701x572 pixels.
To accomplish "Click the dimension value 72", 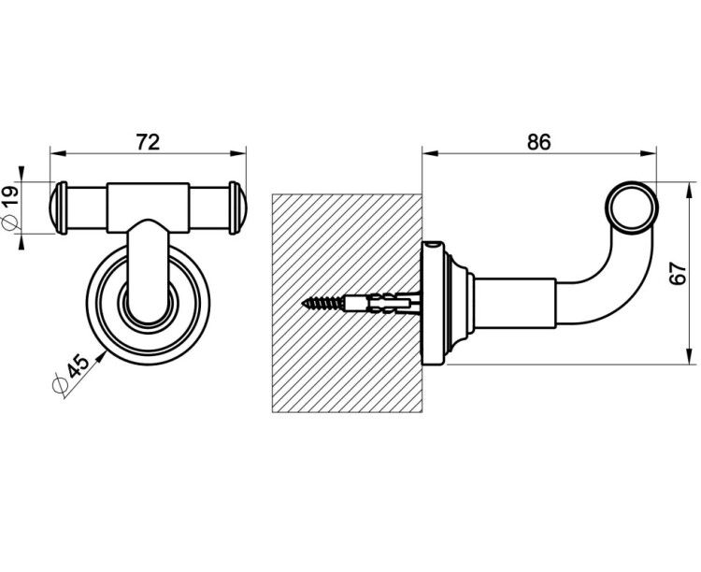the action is [148, 142].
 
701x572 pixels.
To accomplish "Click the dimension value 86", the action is [538, 142].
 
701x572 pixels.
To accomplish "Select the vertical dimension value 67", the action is [678, 273].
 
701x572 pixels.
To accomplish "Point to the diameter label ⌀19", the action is [10, 208].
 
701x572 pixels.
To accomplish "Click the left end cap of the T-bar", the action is [58, 208].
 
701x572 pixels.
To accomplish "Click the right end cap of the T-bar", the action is [237, 208].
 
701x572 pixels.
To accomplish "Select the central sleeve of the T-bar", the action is [148, 207].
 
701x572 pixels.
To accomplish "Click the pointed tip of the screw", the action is [303, 303].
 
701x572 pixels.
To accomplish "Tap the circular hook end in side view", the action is [631, 208].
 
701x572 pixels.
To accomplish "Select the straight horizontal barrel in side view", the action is [515, 303].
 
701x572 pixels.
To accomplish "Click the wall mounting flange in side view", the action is [433, 303].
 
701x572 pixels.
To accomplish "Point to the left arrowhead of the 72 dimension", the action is [58, 153].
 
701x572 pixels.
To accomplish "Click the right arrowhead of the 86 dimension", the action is [649, 153].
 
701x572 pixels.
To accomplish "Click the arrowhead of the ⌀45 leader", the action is [102, 356].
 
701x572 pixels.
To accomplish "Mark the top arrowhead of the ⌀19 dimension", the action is [21, 174].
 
